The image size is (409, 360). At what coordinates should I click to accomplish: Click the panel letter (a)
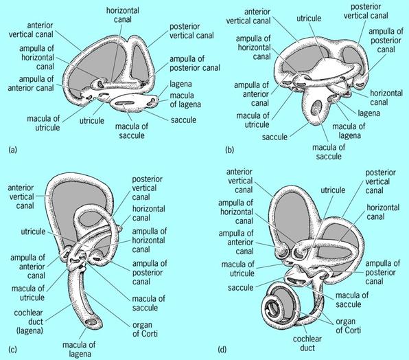point(12,150)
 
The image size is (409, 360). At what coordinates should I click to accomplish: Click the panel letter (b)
point(230,150)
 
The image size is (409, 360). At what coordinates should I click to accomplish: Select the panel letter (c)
point(12,349)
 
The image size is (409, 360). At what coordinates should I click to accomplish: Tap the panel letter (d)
point(222,349)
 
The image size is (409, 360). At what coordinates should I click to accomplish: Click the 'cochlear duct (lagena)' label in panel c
point(29,322)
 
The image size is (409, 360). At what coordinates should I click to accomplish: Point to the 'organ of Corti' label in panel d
point(349,326)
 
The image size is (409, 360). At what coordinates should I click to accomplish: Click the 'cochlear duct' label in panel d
point(307,344)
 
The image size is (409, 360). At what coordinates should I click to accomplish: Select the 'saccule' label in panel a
point(184,120)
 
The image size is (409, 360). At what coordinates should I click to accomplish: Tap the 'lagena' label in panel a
point(180,84)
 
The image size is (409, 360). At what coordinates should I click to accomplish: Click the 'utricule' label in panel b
point(309,19)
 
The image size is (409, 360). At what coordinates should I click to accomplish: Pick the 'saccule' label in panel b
point(274,137)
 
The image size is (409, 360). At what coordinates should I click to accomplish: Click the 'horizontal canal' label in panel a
point(123,15)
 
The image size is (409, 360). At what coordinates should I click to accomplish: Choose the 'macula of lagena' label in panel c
point(79,349)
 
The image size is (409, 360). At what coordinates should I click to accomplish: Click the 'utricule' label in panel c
point(33,232)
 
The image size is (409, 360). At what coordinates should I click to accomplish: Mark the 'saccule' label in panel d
point(240,287)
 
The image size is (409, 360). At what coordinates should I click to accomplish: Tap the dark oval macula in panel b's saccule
point(317,108)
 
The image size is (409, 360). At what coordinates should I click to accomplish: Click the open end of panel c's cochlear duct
point(92,322)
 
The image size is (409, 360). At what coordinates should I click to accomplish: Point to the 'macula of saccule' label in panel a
point(132,131)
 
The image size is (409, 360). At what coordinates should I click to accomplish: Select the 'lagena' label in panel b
point(369,113)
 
